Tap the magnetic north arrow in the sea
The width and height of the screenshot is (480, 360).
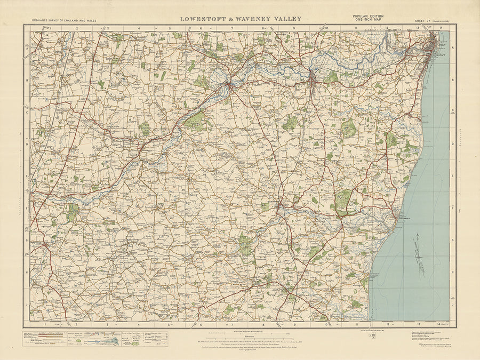coord(419,256)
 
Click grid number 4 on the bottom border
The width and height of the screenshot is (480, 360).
coord(139,324)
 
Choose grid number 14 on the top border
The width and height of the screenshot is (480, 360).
coord(442,28)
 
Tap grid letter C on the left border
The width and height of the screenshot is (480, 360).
coord(27,113)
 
